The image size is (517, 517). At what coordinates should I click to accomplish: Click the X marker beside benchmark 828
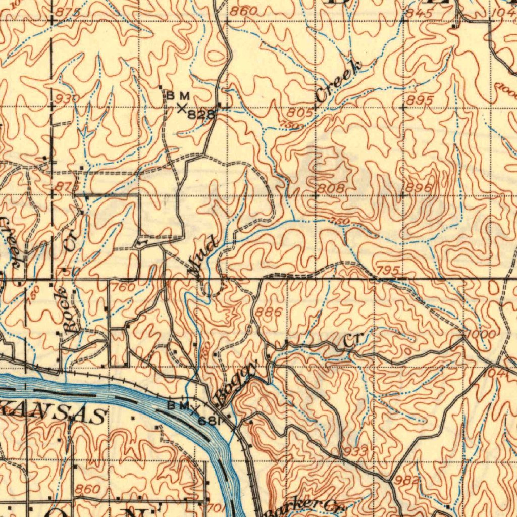(182, 108)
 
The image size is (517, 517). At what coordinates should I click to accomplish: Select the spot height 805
(301, 113)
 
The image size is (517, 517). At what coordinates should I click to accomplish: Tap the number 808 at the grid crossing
(331, 189)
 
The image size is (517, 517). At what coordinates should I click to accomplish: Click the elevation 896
(418, 188)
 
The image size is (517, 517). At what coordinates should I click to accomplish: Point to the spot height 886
(269, 313)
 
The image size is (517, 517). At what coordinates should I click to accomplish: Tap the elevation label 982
(408, 480)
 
